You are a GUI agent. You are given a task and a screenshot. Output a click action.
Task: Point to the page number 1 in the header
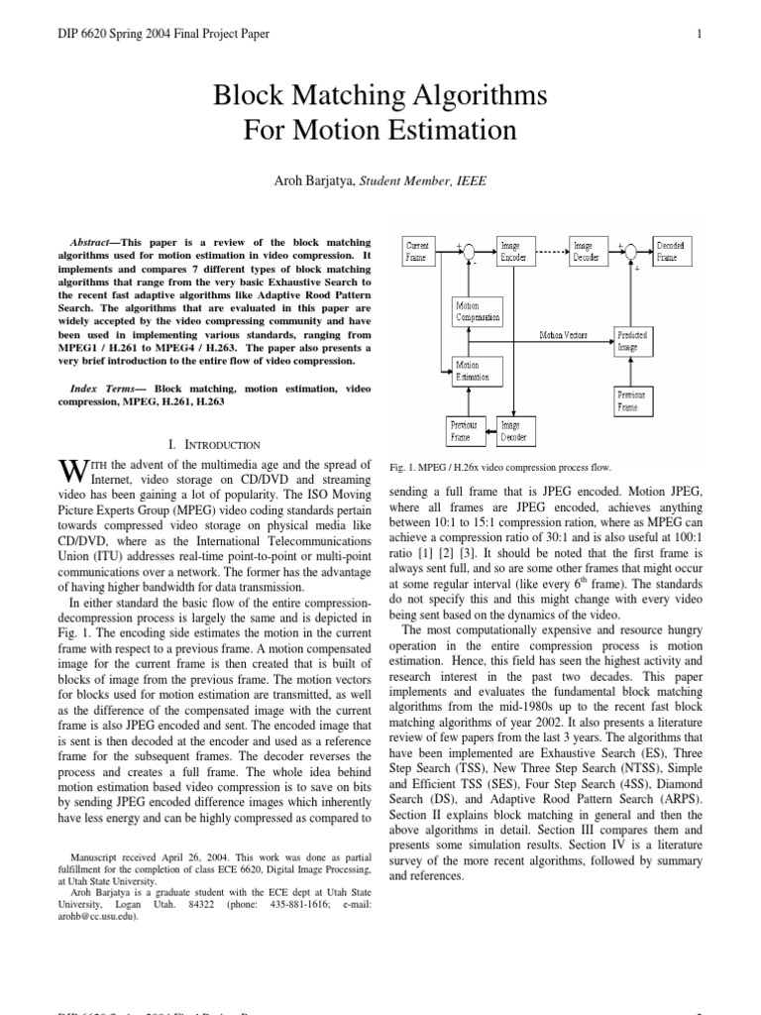700,35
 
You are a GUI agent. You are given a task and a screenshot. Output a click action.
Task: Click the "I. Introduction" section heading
216,445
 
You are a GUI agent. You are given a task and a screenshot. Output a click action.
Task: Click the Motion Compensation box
478,312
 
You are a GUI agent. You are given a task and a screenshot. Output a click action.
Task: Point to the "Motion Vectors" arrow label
563,336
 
